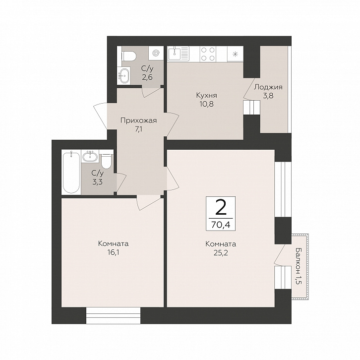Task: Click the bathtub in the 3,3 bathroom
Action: pos(71,172)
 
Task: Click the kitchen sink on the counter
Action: pos(179,54)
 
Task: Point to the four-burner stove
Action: pos(208,54)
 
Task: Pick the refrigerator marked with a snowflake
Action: pos(235,54)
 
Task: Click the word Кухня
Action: pos(207,95)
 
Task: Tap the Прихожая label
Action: pos(139,120)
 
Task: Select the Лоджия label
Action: pos(268,87)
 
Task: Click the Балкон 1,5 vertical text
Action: pos(298,266)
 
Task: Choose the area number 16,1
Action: pos(113,252)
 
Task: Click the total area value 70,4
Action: pos(221,225)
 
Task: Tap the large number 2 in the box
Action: pos(221,207)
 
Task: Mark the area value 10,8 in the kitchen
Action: pos(207,104)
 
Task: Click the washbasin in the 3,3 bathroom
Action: pos(90,157)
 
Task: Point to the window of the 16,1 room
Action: pos(113,316)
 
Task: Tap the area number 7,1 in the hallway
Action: pos(138,129)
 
